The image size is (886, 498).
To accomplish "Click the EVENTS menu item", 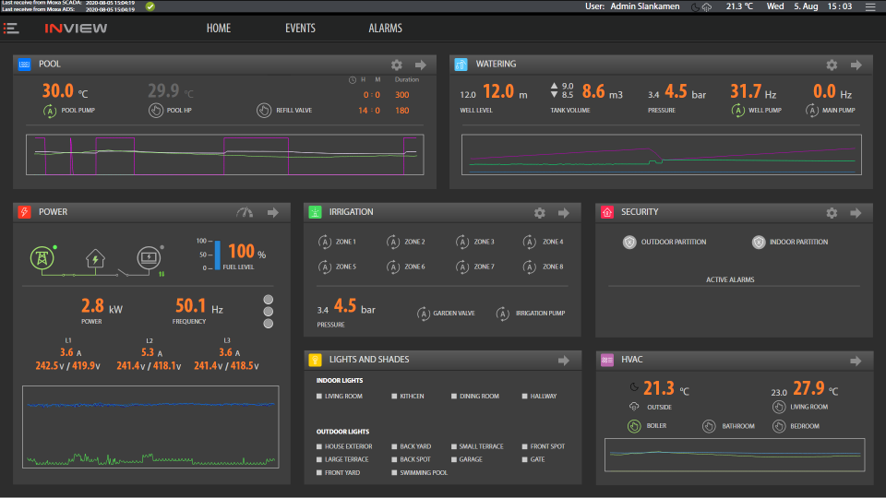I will [x=300, y=28].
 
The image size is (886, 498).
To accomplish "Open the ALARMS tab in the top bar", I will [x=385, y=28].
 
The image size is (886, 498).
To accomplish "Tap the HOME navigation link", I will [x=219, y=28].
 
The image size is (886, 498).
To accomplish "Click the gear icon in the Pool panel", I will [x=397, y=65].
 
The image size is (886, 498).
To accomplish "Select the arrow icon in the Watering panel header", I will [x=855, y=65].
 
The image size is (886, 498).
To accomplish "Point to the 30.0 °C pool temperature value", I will [x=57, y=91].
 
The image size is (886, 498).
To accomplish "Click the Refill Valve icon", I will [x=263, y=111].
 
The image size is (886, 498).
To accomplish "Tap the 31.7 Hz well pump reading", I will [x=746, y=91].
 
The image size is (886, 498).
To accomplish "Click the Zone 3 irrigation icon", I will [x=461, y=242].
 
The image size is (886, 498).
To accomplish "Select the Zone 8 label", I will [x=553, y=267].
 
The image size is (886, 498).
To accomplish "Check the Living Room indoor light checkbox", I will [x=317, y=397].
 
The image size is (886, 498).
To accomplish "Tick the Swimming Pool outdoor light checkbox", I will [x=394, y=472].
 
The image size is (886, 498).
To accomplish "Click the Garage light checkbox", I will [x=453, y=459].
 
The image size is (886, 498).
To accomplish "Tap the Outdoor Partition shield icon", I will [x=629, y=242].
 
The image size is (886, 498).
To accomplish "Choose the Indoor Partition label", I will [x=798, y=243].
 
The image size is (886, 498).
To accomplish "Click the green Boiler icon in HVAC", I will [x=633, y=426].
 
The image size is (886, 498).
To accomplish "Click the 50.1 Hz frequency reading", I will [x=190, y=305].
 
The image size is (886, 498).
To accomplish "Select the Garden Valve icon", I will [x=424, y=313].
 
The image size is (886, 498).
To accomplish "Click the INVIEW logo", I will [x=76, y=28].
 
